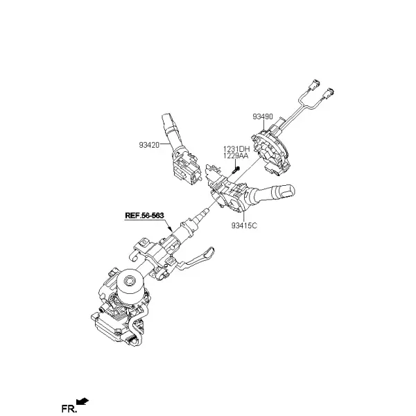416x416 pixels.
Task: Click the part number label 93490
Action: tap(262, 116)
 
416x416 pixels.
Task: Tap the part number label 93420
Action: tap(149, 145)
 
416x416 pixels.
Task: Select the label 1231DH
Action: tap(236, 149)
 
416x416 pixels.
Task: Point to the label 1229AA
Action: tap(236, 156)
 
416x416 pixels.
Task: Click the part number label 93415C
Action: tap(244, 225)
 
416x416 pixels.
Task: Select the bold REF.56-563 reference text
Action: tap(144, 215)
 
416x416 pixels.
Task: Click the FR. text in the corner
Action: tap(69, 408)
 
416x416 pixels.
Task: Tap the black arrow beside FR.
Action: tap(83, 401)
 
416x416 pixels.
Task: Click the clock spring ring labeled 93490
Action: tap(270, 151)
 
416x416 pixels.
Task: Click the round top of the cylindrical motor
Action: tap(130, 279)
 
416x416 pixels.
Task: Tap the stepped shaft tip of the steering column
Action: tap(204, 212)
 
